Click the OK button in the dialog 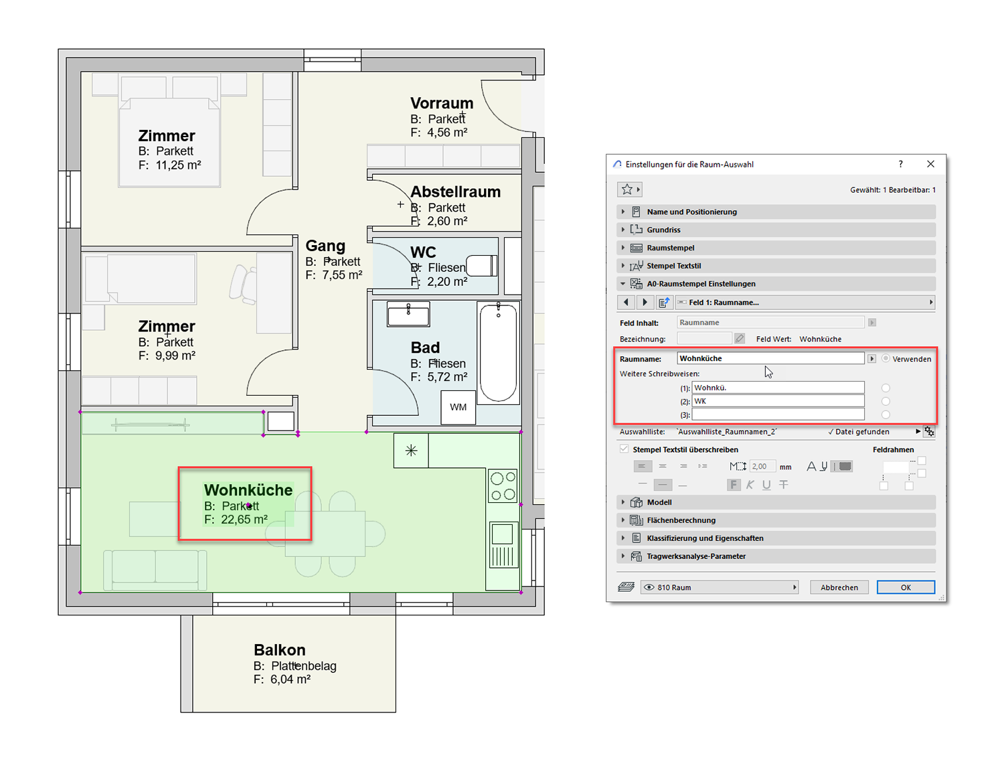pyautogui.click(x=906, y=587)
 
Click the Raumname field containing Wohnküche pyautogui.click(x=770, y=358)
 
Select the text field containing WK pyautogui.click(x=777, y=401)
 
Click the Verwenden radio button pyautogui.click(x=886, y=359)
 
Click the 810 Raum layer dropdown pyautogui.click(x=720, y=587)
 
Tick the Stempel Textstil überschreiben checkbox pyautogui.click(x=624, y=449)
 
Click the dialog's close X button pyautogui.click(x=930, y=164)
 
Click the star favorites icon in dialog pyautogui.click(x=627, y=189)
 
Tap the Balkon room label pyautogui.click(x=279, y=650)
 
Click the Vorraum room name pyautogui.click(x=441, y=103)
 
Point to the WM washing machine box pyautogui.click(x=458, y=407)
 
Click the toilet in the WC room pyautogui.click(x=482, y=266)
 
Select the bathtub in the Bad pyautogui.click(x=498, y=352)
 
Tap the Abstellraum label pyautogui.click(x=455, y=192)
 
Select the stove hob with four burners pyautogui.click(x=503, y=486)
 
